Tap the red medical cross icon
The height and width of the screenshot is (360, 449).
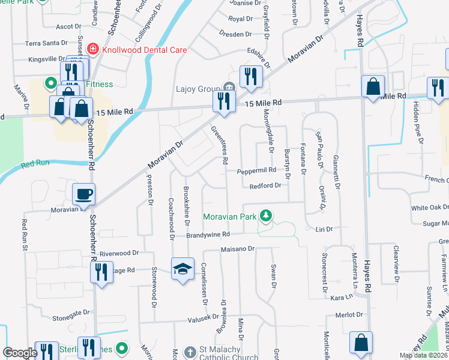pyautogui.click(x=93, y=49)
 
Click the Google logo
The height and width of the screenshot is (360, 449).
pyautogui.click(x=20, y=353)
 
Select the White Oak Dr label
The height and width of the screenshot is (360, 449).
pyautogui.click(x=430, y=208)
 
